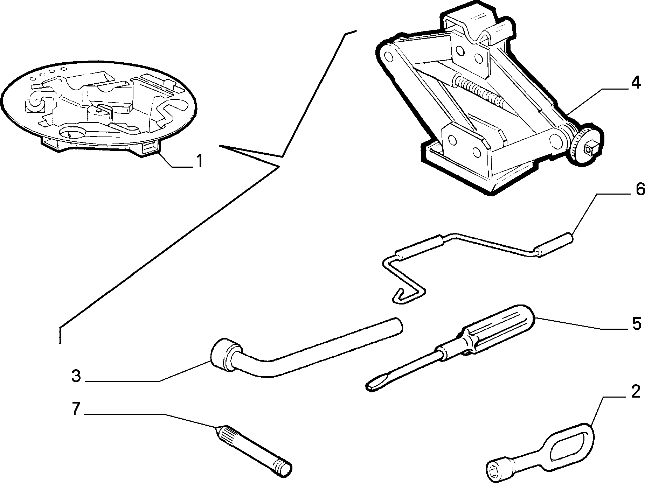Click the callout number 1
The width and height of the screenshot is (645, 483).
199,161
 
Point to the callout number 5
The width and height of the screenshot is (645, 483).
636,323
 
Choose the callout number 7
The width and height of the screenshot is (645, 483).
76,408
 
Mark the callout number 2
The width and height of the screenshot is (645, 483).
636,391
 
